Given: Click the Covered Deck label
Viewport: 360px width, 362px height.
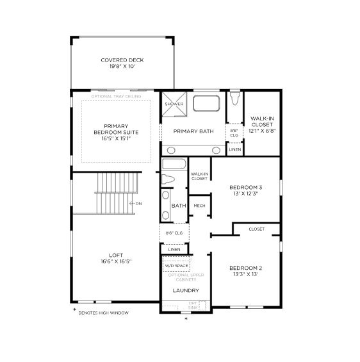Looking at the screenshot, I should coord(122,63).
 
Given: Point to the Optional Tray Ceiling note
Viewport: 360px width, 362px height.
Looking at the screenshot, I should coord(116,96).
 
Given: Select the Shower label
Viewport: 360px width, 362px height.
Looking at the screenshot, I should coord(173,103).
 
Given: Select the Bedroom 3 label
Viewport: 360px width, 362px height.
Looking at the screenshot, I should coord(245,190).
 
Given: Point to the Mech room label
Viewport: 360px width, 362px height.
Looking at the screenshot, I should coord(199,206).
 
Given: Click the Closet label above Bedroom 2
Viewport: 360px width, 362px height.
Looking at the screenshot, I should coord(256,229).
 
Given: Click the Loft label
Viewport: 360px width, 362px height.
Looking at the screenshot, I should coord(116,258).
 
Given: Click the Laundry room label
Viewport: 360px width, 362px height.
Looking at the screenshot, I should coord(185,291).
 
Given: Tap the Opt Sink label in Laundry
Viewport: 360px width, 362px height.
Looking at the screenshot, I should coord(193,305).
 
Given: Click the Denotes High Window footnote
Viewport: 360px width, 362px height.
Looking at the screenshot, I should coord(103,313).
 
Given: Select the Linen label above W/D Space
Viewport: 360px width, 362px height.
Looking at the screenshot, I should coord(174,249).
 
